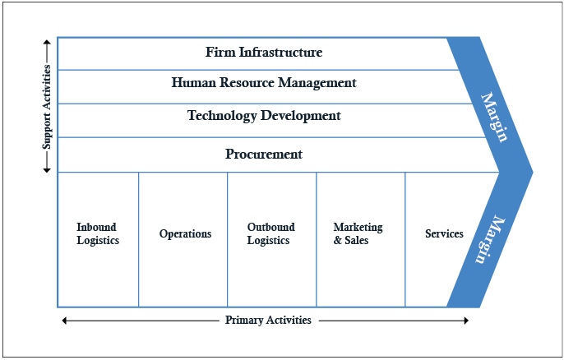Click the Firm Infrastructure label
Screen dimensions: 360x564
(x=263, y=53)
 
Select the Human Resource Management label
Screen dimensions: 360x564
(x=263, y=83)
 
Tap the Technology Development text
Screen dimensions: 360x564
(x=263, y=116)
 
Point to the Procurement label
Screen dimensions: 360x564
(x=263, y=154)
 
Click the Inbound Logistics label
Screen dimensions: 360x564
(x=98, y=234)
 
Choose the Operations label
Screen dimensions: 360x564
(x=185, y=234)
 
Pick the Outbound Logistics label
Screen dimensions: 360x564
(x=270, y=234)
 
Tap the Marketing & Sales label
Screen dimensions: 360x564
(x=358, y=234)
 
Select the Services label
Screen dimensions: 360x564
(x=444, y=234)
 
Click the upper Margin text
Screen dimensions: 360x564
(x=493, y=117)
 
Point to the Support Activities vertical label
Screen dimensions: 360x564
(x=47, y=107)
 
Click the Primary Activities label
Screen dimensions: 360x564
(x=268, y=321)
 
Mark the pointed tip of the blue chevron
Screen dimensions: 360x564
(x=532, y=173)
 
